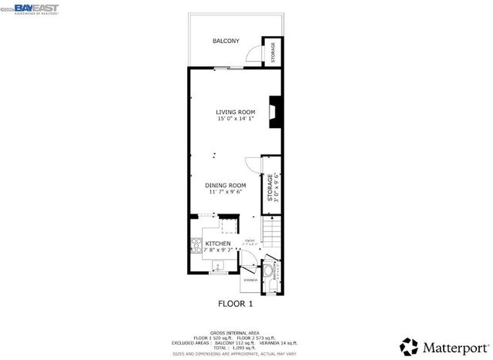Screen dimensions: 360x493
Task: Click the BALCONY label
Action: pyautogui.click(x=226, y=41)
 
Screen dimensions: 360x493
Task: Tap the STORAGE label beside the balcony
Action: pyautogui.click(x=273, y=52)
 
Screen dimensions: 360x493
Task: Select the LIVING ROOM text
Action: pyautogui.click(x=235, y=112)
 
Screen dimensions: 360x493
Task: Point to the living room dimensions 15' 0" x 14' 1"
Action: pyautogui.click(x=235, y=119)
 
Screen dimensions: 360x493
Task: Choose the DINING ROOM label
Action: pyautogui.click(x=225, y=185)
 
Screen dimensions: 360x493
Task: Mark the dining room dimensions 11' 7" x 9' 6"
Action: pyautogui.click(x=225, y=193)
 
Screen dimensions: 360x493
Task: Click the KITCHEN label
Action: pyautogui.click(x=217, y=244)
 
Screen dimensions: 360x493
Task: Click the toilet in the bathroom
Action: pyautogui.click(x=275, y=284)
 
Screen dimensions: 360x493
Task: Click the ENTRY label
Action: pyautogui.click(x=249, y=241)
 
